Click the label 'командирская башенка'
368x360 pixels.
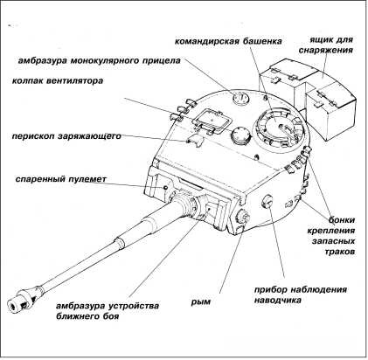pos(228,41)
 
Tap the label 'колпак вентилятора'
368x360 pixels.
pos(58,80)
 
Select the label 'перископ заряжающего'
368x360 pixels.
pos(66,136)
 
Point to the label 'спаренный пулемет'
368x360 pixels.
pos(61,179)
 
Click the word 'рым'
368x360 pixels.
pos(200,301)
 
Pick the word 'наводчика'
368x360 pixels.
pos(278,300)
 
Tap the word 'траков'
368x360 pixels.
pos(340,252)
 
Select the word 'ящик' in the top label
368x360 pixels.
pos(320,40)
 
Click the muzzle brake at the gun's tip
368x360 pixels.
pos(20,301)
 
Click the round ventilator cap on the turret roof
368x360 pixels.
pos(240,135)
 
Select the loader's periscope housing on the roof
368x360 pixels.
pos(195,141)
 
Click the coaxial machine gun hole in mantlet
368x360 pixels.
pos(165,187)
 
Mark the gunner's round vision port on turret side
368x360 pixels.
pos(268,201)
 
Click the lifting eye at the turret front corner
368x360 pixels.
pos(242,217)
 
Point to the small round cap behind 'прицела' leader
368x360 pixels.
pos(241,98)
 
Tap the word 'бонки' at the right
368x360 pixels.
pos(342,220)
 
